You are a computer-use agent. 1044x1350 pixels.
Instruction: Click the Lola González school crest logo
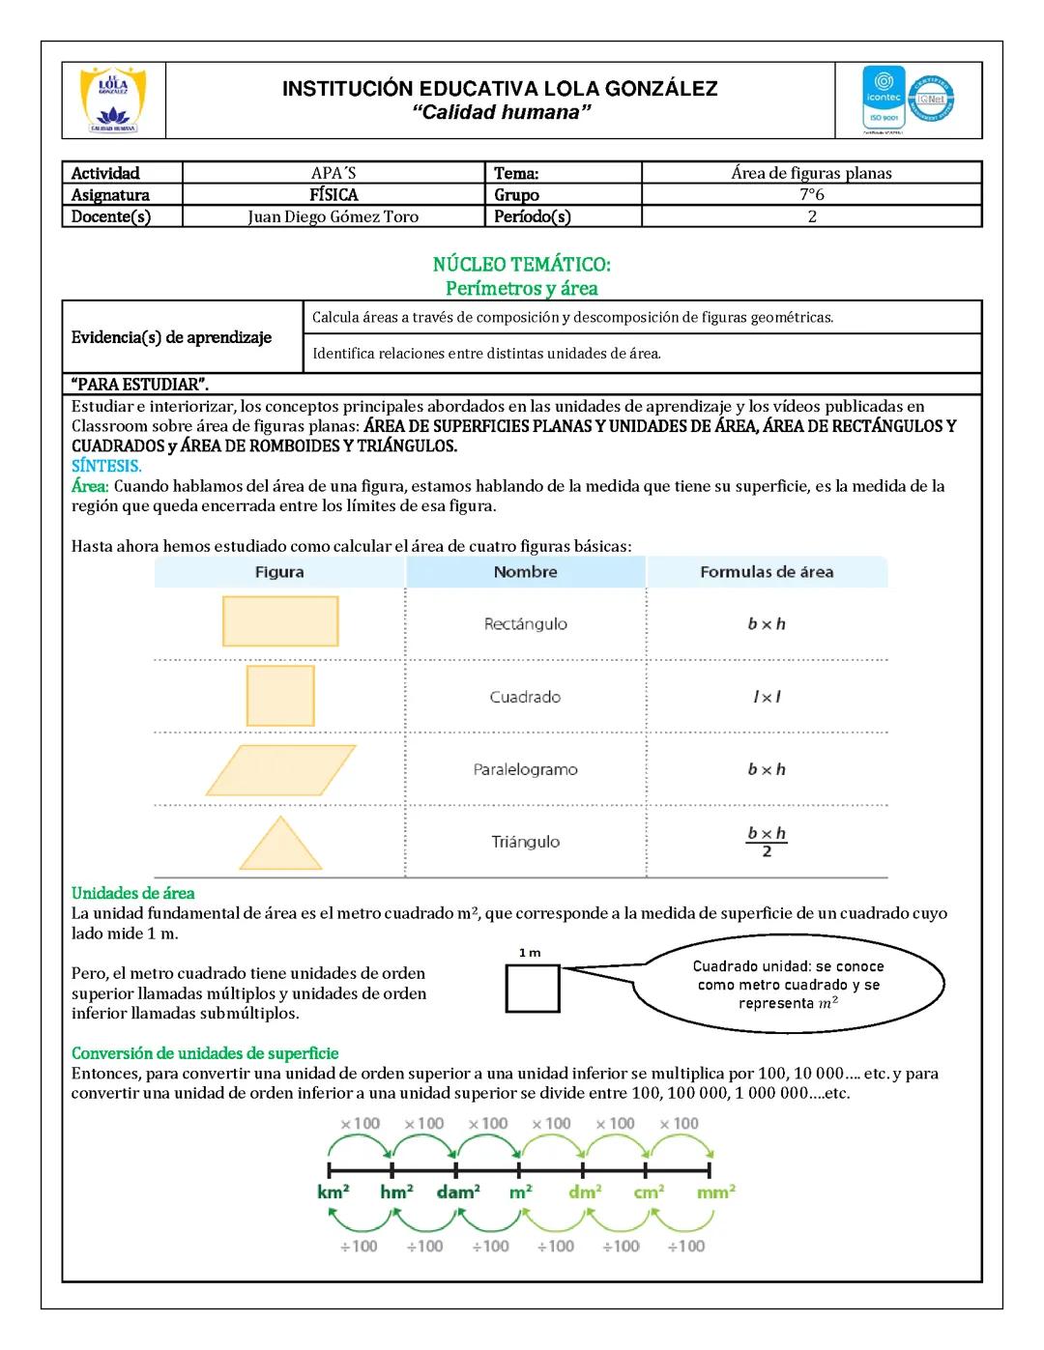[x=113, y=100]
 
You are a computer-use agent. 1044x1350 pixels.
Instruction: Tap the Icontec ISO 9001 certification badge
[x=884, y=99]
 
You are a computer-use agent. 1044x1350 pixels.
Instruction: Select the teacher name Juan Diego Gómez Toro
[x=333, y=216]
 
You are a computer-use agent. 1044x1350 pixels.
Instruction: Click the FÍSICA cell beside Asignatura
[x=333, y=194]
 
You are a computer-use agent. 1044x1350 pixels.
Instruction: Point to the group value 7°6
[x=811, y=194]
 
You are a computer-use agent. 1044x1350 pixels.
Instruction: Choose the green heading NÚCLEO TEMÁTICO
[x=521, y=264]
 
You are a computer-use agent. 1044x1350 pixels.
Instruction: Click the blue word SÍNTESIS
[x=106, y=466]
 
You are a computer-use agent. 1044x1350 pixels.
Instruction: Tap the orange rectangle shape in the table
[x=280, y=620]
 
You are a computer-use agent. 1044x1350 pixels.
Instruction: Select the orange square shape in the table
[x=280, y=695]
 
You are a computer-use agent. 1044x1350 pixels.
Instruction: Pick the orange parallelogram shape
[x=280, y=769]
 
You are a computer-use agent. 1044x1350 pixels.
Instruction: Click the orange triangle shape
[x=280, y=844]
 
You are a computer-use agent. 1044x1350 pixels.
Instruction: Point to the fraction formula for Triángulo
[x=767, y=842]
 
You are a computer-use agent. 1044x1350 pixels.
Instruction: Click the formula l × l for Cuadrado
[x=767, y=697]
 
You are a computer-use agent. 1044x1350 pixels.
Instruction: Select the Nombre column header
[x=525, y=572]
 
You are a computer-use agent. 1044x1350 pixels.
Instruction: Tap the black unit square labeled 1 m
[x=533, y=989]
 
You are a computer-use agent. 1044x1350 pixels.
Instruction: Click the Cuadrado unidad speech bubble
[x=788, y=985]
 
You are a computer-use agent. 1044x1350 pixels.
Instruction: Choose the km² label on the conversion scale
[x=333, y=1192]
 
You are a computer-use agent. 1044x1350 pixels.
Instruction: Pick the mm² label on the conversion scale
[x=715, y=1192]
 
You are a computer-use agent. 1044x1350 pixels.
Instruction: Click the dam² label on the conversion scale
[x=458, y=1192]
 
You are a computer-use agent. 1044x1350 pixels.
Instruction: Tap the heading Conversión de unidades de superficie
[x=205, y=1053]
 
